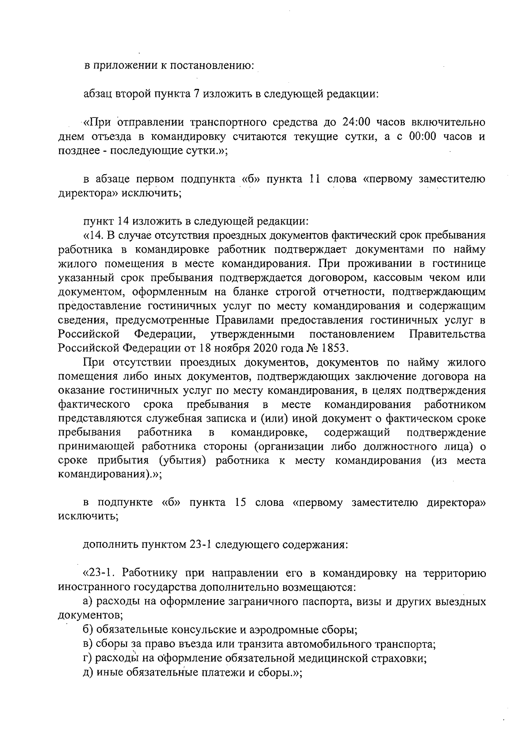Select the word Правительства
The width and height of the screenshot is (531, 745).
(x=447, y=334)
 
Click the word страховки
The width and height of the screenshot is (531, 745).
(x=400, y=658)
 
